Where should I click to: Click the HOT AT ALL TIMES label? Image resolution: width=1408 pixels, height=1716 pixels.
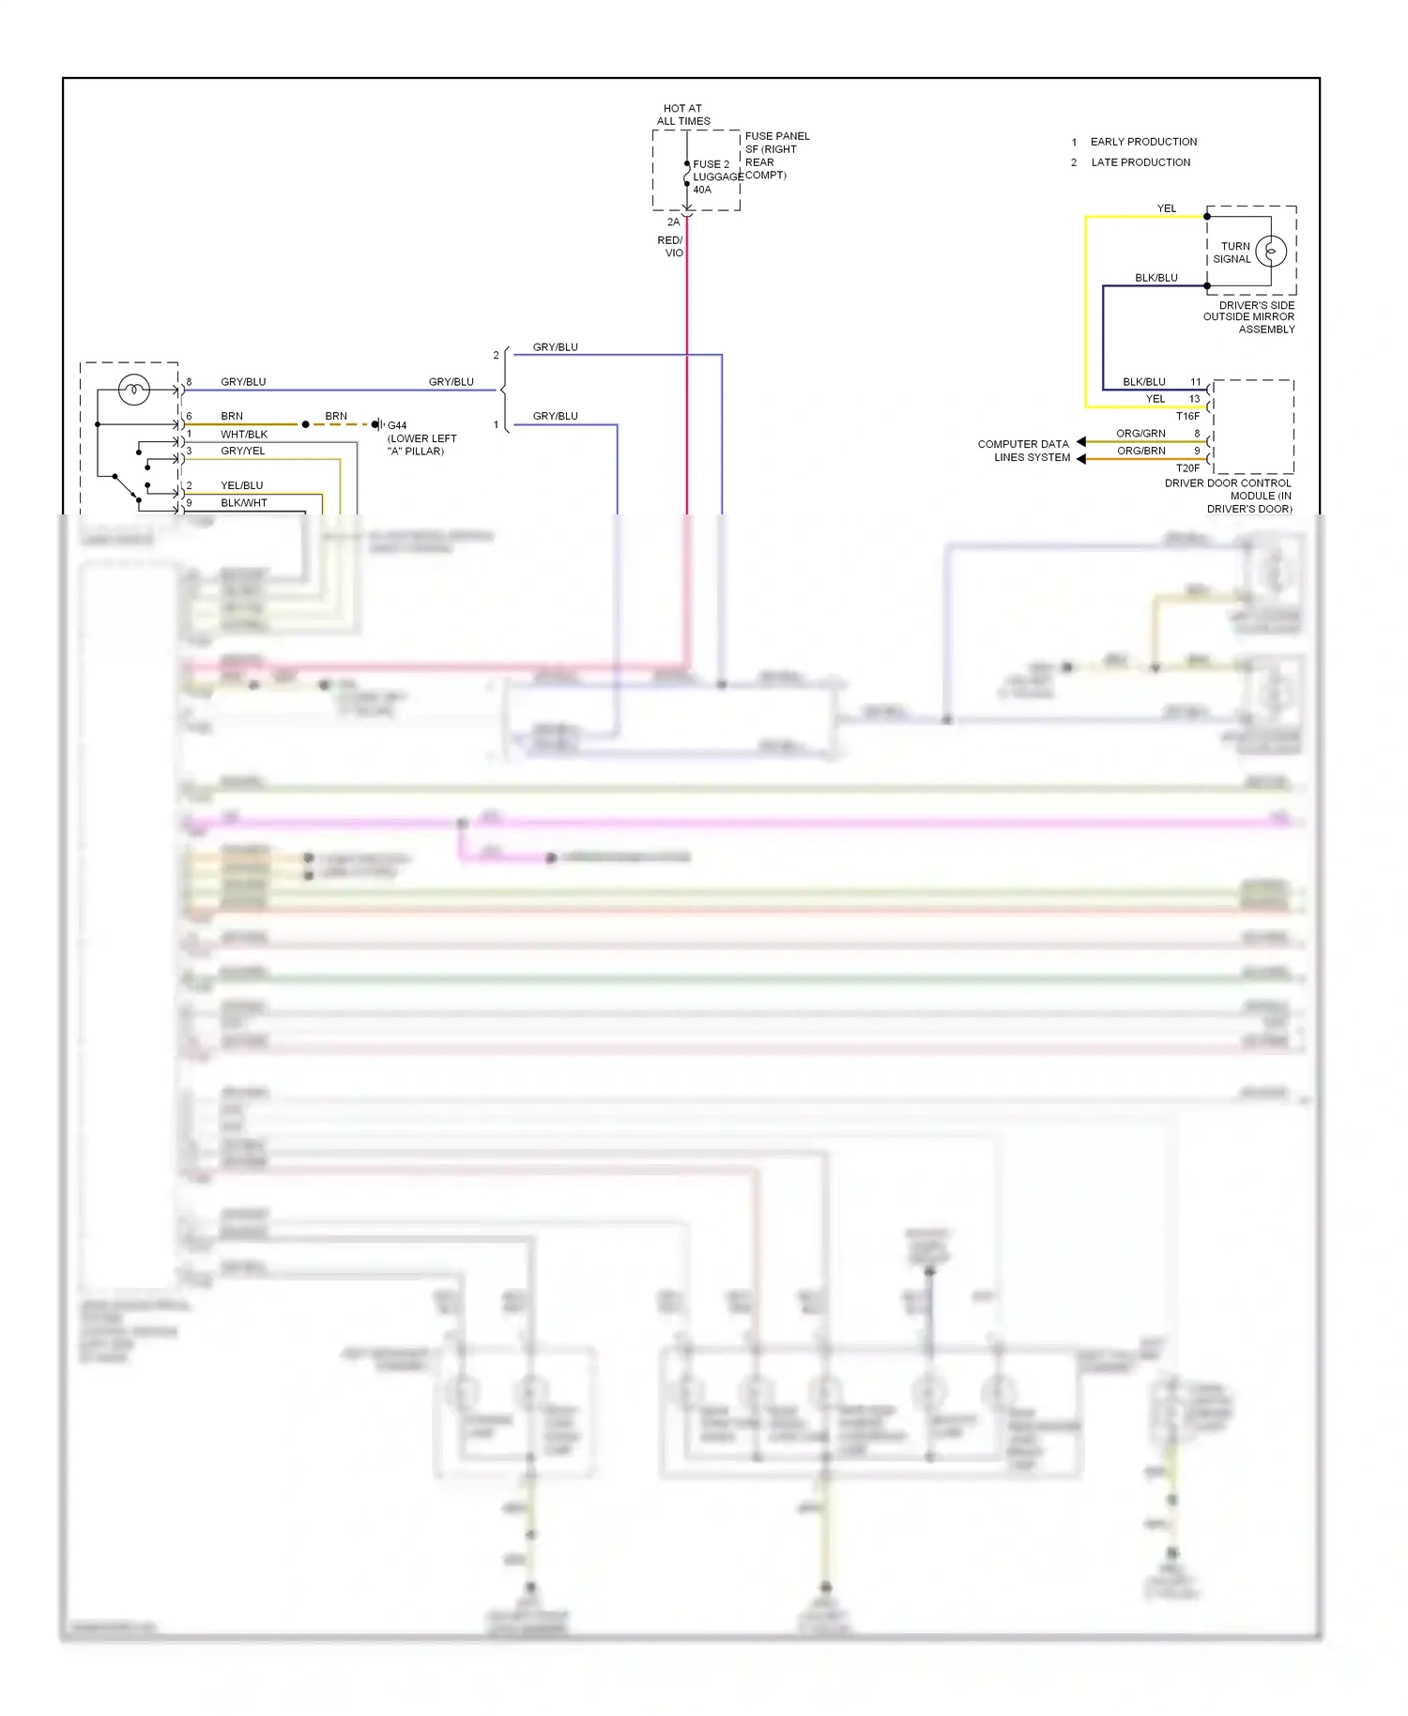click(x=682, y=115)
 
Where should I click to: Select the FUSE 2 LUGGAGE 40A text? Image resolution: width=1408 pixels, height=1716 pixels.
click(x=712, y=176)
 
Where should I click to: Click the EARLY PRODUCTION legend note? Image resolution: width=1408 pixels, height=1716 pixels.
click(x=1142, y=142)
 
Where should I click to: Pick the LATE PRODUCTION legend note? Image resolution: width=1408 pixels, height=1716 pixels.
click(x=1140, y=162)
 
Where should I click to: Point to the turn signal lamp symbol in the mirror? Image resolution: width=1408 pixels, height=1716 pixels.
click(x=1271, y=251)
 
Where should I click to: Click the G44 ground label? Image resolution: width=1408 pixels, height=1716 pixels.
click(x=397, y=425)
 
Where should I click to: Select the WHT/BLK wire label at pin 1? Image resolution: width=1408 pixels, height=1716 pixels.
click(x=244, y=435)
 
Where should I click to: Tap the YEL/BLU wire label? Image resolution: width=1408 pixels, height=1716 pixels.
click(x=241, y=485)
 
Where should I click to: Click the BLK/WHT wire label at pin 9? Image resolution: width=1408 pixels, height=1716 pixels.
click(x=244, y=503)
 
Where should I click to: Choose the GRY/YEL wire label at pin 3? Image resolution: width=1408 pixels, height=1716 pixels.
click(x=242, y=452)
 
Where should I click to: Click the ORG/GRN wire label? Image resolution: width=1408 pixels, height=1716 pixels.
click(x=1140, y=434)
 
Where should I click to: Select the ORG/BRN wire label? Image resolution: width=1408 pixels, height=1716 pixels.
click(x=1140, y=451)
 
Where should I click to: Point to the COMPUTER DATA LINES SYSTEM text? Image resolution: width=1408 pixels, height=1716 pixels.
click(x=1023, y=451)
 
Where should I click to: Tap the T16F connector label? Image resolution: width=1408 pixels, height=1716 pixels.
click(x=1187, y=416)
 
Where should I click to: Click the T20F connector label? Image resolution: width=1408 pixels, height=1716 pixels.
click(x=1187, y=467)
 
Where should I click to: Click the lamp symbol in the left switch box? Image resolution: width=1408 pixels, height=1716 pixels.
click(x=134, y=389)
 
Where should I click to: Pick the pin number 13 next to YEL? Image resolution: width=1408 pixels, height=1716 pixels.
click(x=1194, y=399)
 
